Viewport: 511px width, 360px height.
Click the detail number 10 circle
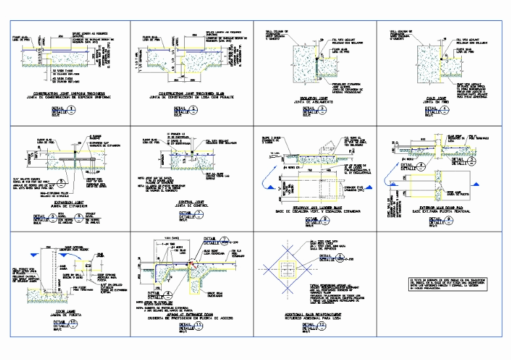point(73,324)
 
